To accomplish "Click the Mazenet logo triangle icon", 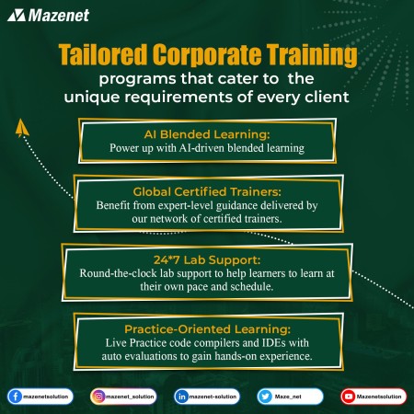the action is [x=17, y=16].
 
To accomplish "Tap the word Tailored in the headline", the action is [x=103, y=54].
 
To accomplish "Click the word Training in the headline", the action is [x=312, y=55].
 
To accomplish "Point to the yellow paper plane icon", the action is [x=22, y=128].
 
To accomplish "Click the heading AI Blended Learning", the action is [x=207, y=134].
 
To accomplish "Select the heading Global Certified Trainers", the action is [x=207, y=191].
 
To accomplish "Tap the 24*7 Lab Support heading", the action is [x=207, y=260].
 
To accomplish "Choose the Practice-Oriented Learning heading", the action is [x=207, y=329].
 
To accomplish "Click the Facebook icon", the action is [x=15, y=397].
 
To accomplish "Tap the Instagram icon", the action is [x=98, y=397].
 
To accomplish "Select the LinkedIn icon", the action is [x=182, y=397].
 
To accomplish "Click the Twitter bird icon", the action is [x=265, y=397].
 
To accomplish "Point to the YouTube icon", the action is [x=349, y=397].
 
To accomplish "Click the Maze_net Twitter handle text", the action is [x=288, y=397].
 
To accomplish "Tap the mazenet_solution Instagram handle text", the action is [x=130, y=397].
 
